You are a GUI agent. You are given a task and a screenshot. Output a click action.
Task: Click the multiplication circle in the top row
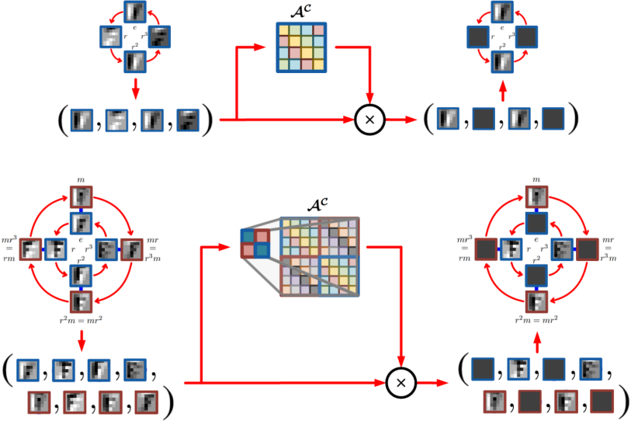(369, 120)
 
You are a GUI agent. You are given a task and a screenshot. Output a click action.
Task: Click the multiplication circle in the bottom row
(401, 382)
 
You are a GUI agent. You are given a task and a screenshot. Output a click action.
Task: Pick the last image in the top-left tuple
(185, 120)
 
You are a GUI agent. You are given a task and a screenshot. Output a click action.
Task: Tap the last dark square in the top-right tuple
(554, 120)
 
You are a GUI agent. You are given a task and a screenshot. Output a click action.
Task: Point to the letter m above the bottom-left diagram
(81, 179)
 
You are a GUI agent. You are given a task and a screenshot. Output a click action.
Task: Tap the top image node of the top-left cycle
(135, 12)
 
